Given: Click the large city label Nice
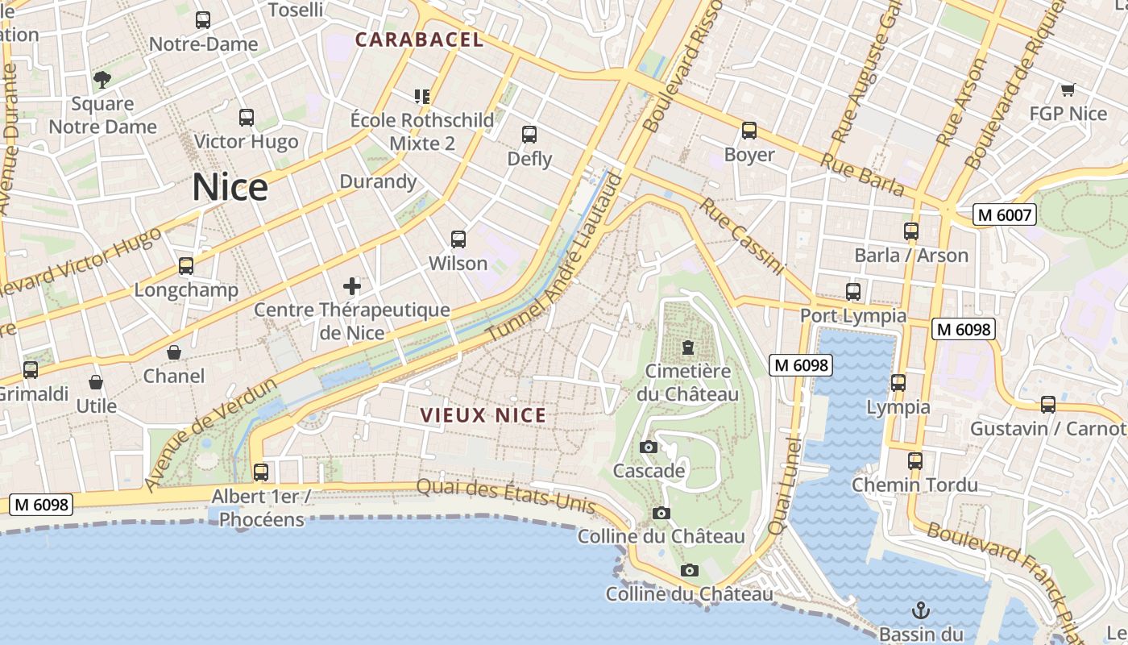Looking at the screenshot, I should point(230,188).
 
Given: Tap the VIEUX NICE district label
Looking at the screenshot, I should point(483,415).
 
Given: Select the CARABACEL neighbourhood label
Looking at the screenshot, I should point(419,40).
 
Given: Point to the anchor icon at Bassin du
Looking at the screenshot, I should point(920,610).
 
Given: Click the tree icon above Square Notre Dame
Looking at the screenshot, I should point(102,79).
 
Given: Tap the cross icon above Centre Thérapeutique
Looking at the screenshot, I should point(352,286).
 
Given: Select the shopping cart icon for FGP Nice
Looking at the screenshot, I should point(1068,90).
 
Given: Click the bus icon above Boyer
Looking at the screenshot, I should point(749,131).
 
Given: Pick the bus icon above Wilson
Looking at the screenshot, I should point(458,239).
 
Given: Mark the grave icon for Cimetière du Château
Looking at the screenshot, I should point(687,347).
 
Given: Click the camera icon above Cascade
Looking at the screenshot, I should point(648,447).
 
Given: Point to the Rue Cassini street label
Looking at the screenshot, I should point(740,235).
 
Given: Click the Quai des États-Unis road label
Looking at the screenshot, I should point(506,495).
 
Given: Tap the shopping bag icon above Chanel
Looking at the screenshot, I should point(174,352).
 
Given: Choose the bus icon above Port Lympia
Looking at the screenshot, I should point(853,292).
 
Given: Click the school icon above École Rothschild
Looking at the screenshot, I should point(422,97).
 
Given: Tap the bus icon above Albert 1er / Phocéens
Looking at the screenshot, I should point(261,472).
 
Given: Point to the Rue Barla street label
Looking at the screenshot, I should point(861,173).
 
